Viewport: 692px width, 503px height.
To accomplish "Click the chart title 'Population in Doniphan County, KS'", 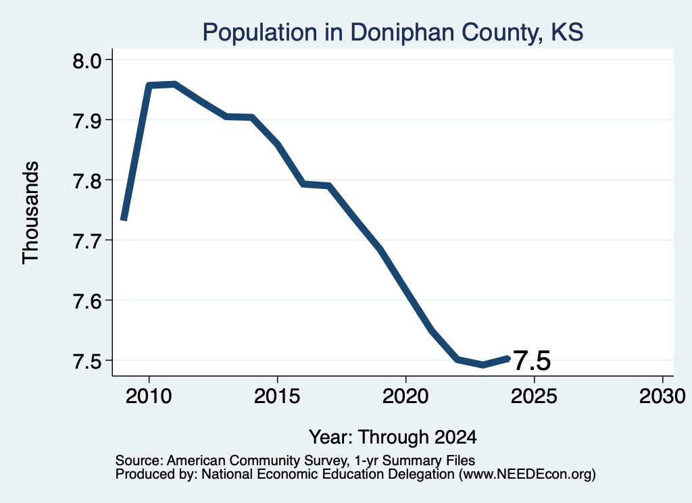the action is coord(393,32).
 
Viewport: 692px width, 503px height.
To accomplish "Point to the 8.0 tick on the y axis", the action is coord(87,60).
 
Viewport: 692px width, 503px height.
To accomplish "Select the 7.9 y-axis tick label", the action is coord(87,120).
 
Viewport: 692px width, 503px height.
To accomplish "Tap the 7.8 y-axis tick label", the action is coord(87,180).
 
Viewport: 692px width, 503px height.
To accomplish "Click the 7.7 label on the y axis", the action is coord(87,240).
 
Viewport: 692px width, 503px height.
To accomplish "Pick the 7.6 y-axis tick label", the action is coord(87,300).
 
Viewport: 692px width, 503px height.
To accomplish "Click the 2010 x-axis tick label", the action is coord(149,396).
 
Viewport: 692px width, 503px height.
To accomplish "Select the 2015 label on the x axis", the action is coord(277,396).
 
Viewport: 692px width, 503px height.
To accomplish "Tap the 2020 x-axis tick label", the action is coord(405,396).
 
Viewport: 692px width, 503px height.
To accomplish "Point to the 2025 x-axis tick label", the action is coord(534,396).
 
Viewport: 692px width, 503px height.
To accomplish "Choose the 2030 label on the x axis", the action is coord(662,396).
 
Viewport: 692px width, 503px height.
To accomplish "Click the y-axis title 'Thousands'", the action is coord(30,213).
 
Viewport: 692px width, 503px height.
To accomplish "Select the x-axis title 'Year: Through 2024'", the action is coord(393,437).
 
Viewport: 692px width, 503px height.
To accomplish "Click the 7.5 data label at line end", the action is coord(533,361).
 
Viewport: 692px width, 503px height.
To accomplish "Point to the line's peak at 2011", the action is coord(175,84).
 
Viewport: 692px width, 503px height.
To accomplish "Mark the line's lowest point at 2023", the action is coord(483,365).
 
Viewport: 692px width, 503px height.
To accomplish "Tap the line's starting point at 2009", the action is coord(124,219).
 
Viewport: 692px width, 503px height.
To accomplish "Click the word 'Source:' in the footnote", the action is coord(139,460).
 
